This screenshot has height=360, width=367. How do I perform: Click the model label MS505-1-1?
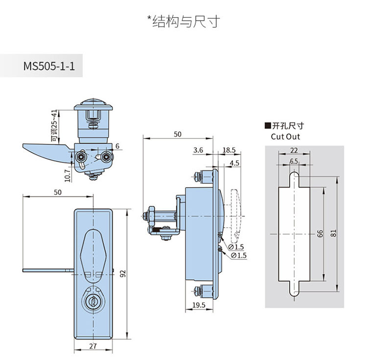(x=48, y=65)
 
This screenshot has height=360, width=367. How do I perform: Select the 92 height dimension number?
(x=124, y=273)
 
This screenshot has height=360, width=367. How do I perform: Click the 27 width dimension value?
(x=92, y=346)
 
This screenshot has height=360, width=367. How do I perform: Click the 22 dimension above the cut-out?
(x=294, y=151)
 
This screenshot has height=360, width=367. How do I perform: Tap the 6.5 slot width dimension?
(x=294, y=161)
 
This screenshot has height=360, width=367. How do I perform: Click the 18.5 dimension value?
(x=229, y=150)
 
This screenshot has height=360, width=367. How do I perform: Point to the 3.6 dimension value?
(x=198, y=150)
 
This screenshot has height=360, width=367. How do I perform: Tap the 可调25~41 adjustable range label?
(x=53, y=126)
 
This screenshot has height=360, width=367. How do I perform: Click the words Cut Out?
(x=285, y=137)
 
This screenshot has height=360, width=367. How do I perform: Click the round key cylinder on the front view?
(x=92, y=302)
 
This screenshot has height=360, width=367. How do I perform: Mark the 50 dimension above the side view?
(x=178, y=134)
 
